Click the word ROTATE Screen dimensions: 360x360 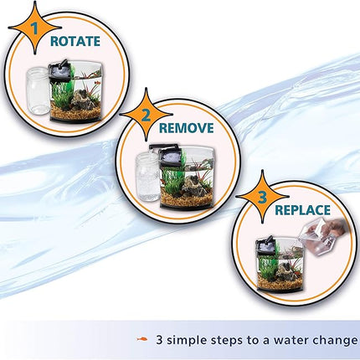point(75,41)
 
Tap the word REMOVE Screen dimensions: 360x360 point(186,128)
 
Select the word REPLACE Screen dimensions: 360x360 point(303,210)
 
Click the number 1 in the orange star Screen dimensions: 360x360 point(34,28)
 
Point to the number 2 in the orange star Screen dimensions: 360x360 point(146,116)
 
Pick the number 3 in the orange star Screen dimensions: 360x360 point(262,198)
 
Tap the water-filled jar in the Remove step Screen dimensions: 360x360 point(148,178)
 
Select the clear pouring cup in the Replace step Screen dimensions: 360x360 point(313,236)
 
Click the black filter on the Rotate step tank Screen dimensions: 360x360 point(59,70)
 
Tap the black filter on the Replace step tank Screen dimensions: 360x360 point(265,246)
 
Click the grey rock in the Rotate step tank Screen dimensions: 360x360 point(83,100)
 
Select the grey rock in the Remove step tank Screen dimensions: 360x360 point(193,188)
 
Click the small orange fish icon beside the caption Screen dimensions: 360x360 point(142,339)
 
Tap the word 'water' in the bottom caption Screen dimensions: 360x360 point(290,340)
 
